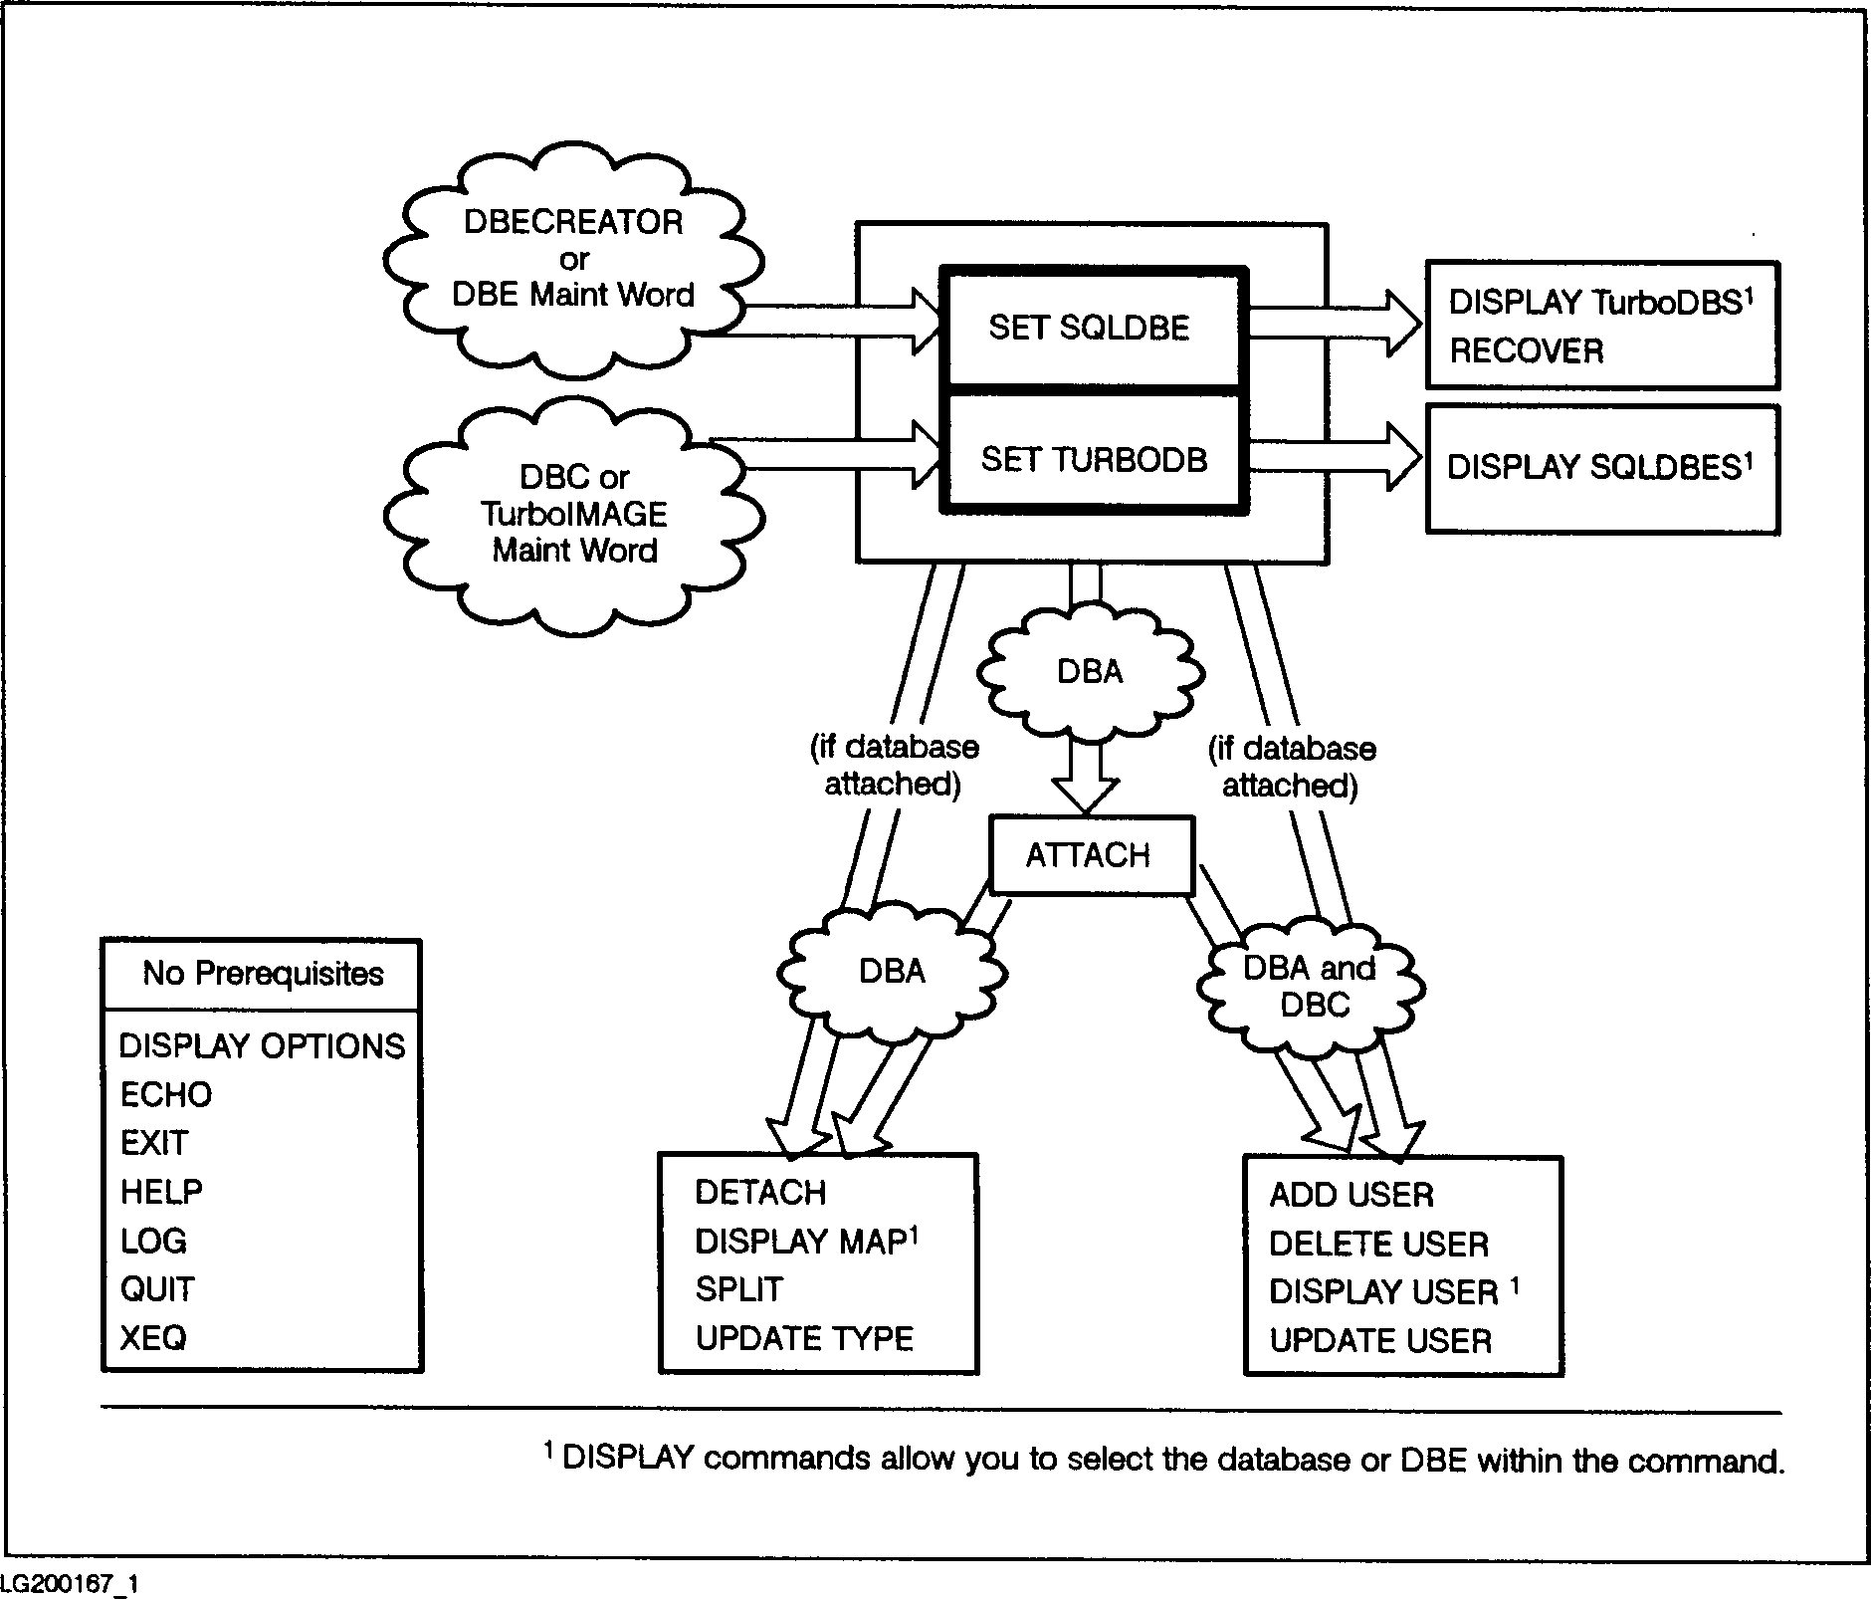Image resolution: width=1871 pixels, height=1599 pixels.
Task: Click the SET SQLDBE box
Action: pyautogui.click(x=1092, y=328)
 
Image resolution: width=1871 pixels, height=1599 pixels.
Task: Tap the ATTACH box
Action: pyautogui.click(x=1090, y=855)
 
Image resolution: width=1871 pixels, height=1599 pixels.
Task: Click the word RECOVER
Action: pyautogui.click(x=1527, y=351)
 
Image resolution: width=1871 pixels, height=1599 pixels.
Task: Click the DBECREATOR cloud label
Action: pyautogui.click(x=573, y=222)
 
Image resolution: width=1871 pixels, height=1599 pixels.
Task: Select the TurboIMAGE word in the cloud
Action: pyautogui.click(x=574, y=514)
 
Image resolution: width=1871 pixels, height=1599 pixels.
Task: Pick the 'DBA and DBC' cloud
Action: pyautogui.click(x=1311, y=986)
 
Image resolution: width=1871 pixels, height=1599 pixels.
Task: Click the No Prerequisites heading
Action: pyautogui.click(x=263, y=973)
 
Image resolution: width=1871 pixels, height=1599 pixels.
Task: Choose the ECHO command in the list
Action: pyautogui.click(x=166, y=1094)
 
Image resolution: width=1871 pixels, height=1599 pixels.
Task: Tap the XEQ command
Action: pyautogui.click(x=153, y=1337)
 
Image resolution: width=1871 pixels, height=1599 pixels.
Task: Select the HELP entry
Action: pyautogui.click(x=161, y=1192)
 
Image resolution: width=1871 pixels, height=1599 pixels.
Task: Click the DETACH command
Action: pyautogui.click(x=760, y=1193)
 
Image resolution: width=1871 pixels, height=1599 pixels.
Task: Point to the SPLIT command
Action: pyautogui.click(x=739, y=1289)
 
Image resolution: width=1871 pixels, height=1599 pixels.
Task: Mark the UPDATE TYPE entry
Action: pyautogui.click(x=804, y=1338)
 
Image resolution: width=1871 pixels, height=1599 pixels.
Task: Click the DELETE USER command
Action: pyautogui.click(x=1378, y=1244)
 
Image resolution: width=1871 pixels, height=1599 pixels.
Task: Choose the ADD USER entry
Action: pyautogui.click(x=1351, y=1195)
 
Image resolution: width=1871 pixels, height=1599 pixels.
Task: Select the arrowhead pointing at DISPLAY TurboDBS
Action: pyautogui.click(x=1403, y=322)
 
